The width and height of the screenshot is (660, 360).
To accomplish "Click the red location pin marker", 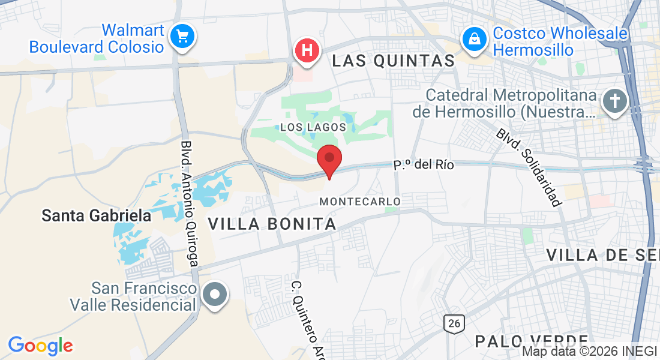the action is pos(329,160).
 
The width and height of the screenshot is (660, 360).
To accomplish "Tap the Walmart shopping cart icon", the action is pos(181,37).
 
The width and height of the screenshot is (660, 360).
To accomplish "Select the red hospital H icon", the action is pos(307,50).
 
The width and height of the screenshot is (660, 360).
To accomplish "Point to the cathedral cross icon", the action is pos(615,101).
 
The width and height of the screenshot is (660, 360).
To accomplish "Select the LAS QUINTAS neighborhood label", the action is pos(394,61).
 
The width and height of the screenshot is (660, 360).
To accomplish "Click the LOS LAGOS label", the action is pos(313,127).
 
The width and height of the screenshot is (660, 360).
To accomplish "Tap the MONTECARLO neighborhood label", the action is pos(360,202).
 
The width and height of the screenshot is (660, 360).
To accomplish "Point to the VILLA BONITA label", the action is pos(272,224).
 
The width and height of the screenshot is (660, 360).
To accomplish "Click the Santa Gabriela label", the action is pos(96,216).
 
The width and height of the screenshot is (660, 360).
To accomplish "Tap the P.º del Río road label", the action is pos(424,164).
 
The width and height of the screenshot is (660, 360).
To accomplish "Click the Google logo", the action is pos(40,346).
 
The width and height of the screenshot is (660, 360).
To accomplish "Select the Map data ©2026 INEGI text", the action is pos(590,352).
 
